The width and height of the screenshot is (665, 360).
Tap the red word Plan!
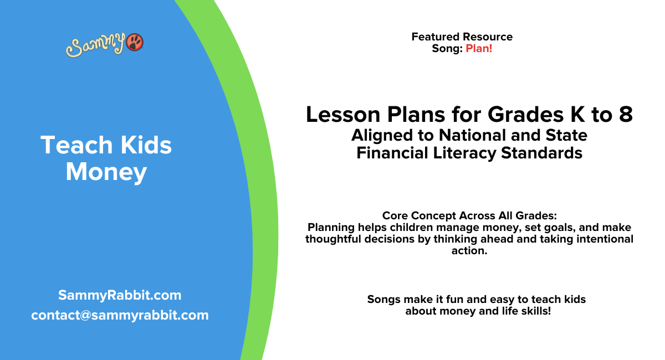[479, 48]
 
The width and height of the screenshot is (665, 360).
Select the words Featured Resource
[462, 37]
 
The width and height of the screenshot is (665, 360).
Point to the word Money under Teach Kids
[106, 172]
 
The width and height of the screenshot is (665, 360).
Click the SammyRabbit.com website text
[120, 295]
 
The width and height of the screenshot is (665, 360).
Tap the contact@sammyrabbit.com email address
[120, 315]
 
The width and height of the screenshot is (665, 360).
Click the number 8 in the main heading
[625, 115]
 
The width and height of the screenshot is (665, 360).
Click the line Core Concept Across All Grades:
[469, 215]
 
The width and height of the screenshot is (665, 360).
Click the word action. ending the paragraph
[469, 251]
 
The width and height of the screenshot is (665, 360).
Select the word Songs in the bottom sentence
[382, 299]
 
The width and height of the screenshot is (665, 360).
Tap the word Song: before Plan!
[447, 48]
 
